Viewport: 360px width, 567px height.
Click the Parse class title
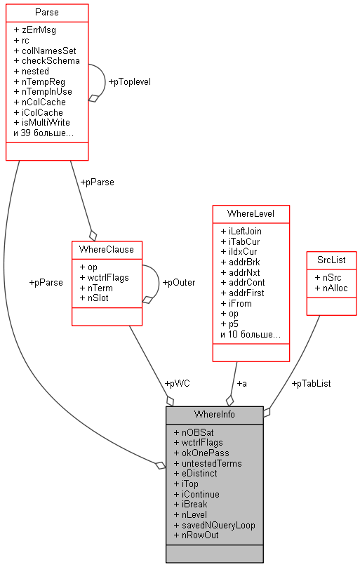[47, 13]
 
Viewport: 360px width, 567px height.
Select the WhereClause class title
[107, 249]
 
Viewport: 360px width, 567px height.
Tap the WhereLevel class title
[251, 213]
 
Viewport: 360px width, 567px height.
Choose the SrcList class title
[331, 260]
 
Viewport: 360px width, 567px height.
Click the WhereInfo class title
[214, 414]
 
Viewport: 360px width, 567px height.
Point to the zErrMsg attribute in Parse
[39, 30]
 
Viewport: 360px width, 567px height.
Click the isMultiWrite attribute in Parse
[42, 122]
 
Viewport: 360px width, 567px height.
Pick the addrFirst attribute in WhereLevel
[246, 293]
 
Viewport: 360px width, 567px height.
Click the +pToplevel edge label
[129, 81]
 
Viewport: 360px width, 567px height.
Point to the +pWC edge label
[177, 383]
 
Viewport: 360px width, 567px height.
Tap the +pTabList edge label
[311, 383]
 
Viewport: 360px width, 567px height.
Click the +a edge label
[241, 383]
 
